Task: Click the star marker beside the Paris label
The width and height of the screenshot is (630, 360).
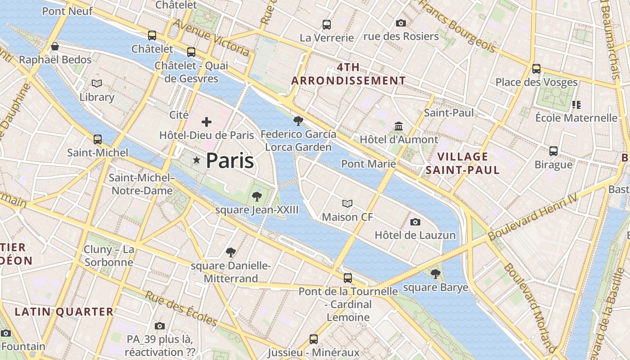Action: coord(197,160)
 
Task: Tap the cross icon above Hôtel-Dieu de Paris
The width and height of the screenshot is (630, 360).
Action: coord(207,122)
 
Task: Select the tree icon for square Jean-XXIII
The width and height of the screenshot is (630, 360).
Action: coord(256,196)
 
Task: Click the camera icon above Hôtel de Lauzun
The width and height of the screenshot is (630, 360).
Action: coord(415,222)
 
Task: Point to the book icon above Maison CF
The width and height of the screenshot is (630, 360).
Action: coord(347,204)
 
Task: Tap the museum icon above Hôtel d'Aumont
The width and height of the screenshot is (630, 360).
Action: coord(399,126)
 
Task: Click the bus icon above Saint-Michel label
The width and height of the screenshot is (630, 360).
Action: coord(98,139)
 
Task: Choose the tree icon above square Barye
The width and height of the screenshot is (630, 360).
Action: coord(435,274)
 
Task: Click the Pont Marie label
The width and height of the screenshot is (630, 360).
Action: coord(369,164)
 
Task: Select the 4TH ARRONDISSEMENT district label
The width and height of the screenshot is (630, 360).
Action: coord(348,74)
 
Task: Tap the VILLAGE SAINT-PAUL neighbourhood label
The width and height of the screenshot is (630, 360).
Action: coord(463,163)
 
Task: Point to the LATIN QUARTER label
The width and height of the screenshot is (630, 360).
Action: coord(64,311)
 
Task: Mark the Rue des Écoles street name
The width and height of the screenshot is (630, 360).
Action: coord(181,309)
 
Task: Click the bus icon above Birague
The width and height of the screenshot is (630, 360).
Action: coord(553,151)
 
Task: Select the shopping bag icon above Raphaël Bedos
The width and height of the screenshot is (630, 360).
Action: coord(55,46)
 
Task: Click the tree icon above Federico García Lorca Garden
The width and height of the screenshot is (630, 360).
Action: coord(298,121)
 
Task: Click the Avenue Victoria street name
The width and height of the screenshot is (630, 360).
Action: coord(211,38)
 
